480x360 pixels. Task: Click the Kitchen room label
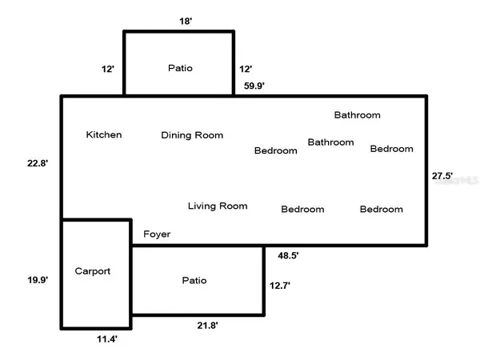point(104,134)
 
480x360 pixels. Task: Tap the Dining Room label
point(192,135)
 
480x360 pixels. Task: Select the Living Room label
point(218,206)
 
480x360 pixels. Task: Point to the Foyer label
point(157,234)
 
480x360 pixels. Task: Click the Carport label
point(92,271)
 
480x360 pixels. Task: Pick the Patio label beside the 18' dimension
point(179,68)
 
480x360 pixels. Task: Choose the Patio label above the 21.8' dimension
point(194,280)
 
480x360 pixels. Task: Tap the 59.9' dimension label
point(255,84)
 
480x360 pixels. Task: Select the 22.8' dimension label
point(38,163)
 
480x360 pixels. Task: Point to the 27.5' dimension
point(442,175)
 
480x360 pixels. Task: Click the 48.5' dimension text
point(288,255)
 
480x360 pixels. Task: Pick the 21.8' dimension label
point(208,325)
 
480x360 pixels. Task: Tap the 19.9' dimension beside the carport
point(38,279)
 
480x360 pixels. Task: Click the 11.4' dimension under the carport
point(107,339)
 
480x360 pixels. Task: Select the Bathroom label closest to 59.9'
point(357,115)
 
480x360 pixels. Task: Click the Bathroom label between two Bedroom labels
point(330,142)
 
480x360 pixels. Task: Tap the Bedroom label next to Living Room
point(302,210)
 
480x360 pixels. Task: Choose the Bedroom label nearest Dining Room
point(275,150)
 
